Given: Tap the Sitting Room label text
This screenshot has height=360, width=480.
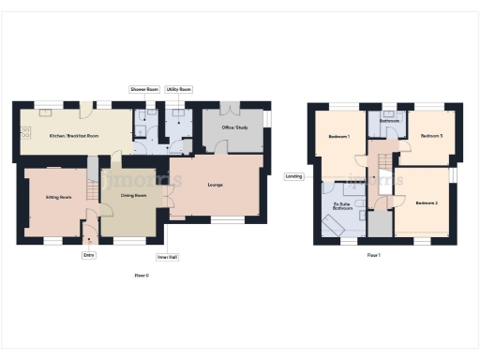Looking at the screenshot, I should coord(46,198).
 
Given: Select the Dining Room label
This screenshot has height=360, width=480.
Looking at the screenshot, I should coord(134,196).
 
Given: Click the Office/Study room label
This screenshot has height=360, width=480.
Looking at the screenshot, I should coord(233,127).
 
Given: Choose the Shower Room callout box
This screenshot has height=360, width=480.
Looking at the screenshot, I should coord(144,89).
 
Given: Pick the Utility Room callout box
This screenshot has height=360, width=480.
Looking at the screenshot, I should coord(179,89).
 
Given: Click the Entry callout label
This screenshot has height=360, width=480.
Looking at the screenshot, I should coord(89,254).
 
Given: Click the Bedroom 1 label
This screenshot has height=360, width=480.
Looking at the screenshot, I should coord(339,138).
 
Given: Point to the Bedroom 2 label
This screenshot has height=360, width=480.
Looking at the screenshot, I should coord(427,202).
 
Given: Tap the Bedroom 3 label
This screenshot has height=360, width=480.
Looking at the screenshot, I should coord(431,136).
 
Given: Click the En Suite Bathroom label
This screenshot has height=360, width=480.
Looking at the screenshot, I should coord(343,205).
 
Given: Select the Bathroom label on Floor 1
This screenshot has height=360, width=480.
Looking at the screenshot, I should coord(390,121).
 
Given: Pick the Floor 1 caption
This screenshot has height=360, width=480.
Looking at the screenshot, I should coord(373,255).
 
